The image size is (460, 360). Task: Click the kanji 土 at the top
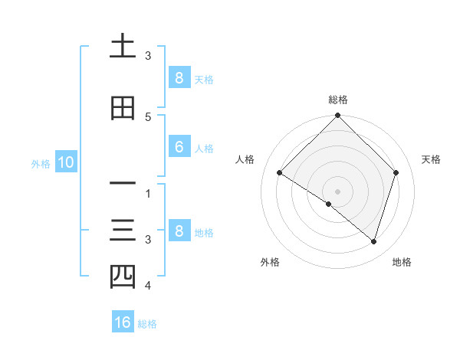123,48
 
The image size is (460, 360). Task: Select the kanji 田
123,108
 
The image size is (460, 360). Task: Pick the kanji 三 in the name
123,230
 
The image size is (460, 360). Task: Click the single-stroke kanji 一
123,184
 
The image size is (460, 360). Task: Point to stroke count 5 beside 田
147,116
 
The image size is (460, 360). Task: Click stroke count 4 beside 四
147,286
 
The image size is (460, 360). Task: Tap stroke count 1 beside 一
147,193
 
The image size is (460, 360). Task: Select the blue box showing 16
123,322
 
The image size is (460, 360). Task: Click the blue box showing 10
65,162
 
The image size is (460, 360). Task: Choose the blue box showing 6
179,147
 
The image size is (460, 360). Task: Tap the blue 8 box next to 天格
179,78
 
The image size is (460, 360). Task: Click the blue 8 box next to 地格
179,231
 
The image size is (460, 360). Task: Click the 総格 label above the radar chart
338,100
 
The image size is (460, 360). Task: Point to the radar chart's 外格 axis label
270,262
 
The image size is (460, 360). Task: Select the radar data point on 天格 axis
396,173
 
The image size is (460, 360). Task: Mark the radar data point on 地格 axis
373,242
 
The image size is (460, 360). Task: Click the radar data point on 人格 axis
280,173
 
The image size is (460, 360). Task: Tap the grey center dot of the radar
338,191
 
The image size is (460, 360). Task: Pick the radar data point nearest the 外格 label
329,205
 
